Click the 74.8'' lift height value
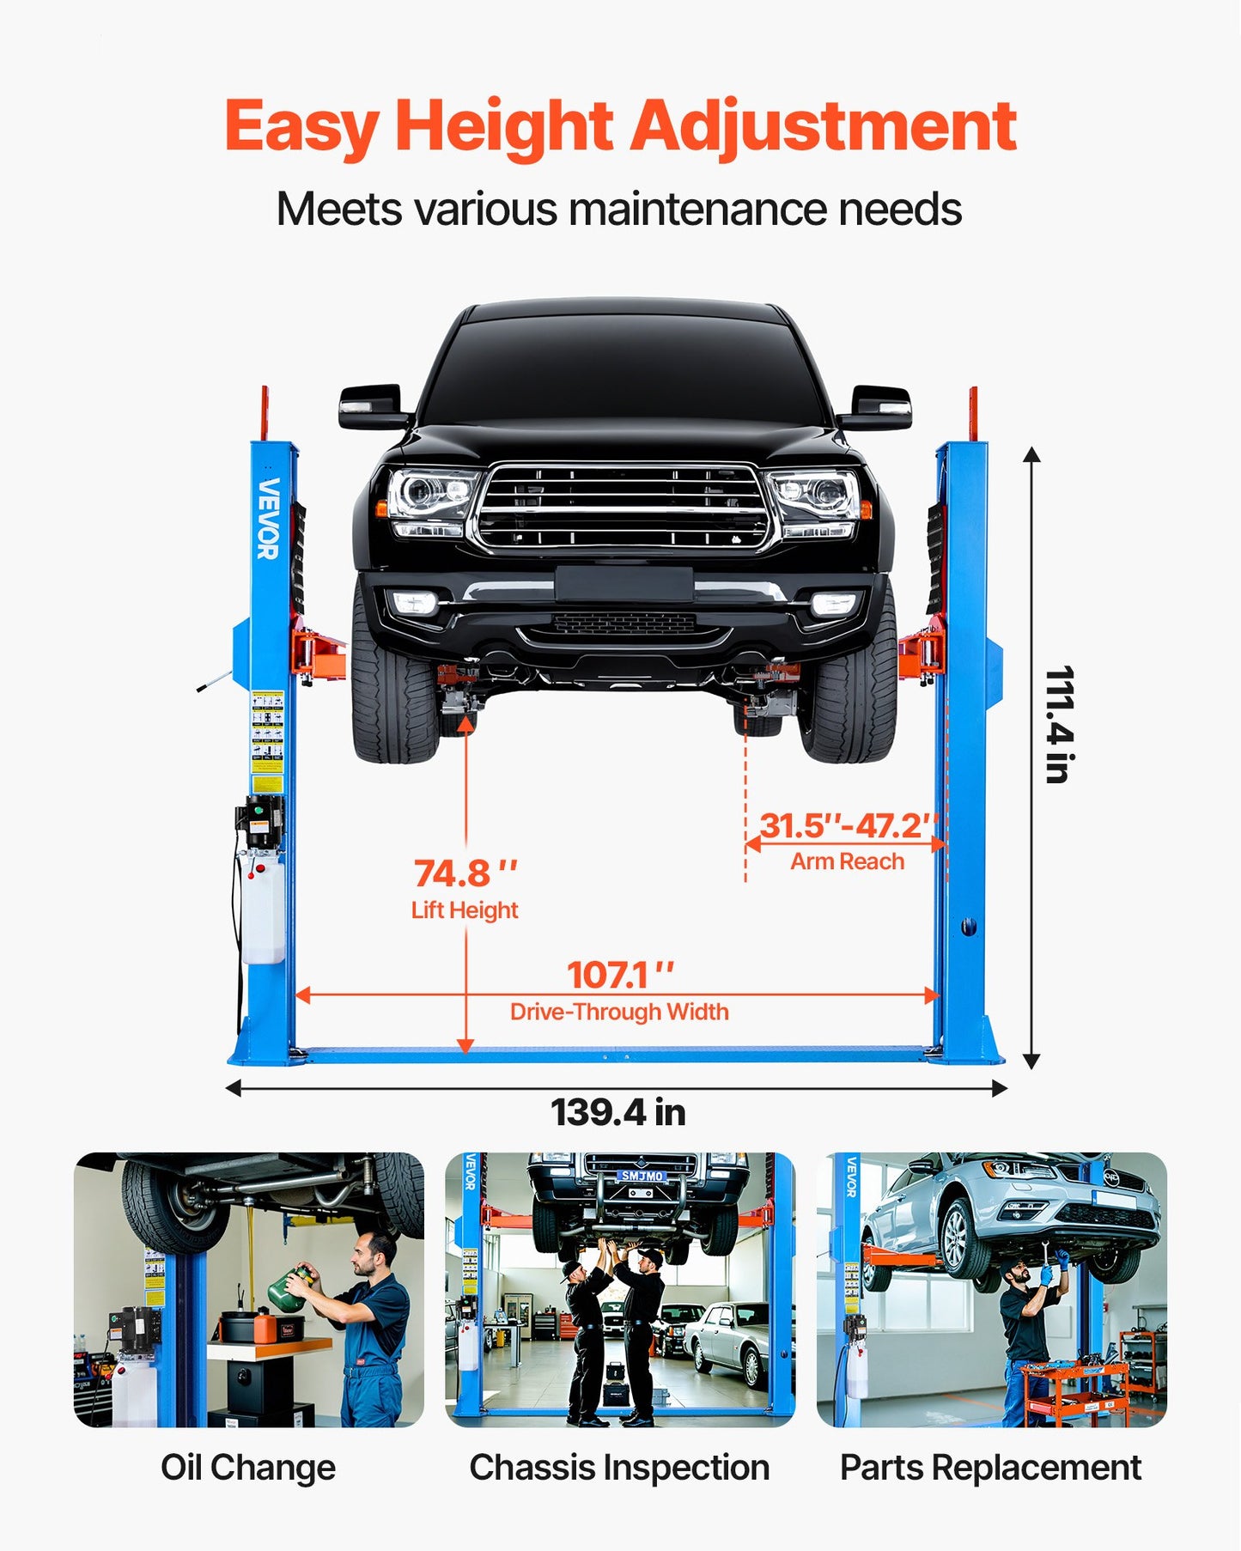point(465,874)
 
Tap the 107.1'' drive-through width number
point(619,976)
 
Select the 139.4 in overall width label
point(617,1112)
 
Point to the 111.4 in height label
point(1060,723)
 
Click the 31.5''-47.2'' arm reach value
point(847,826)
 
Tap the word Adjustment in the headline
point(823,127)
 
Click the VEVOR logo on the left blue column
point(269,518)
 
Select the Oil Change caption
point(248,1468)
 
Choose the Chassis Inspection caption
point(619,1468)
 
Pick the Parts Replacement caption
point(990,1468)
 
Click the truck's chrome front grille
point(623,508)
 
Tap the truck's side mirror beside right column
point(875,408)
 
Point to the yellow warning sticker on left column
point(267,740)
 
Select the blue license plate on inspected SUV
point(642,1176)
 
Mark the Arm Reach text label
point(847,861)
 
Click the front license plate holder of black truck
point(624,585)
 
